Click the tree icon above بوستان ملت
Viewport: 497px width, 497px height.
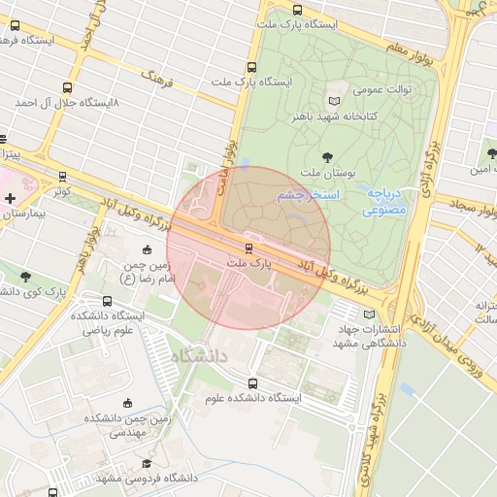[x=326, y=155]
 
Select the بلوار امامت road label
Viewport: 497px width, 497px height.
[x=230, y=155]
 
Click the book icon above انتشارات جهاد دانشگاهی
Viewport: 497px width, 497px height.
[x=367, y=314]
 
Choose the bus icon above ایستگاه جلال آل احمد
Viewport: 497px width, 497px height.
[x=66, y=86]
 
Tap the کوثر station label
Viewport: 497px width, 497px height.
[x=63, y=191]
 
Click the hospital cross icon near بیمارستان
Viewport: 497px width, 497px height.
[x=10, y=198]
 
